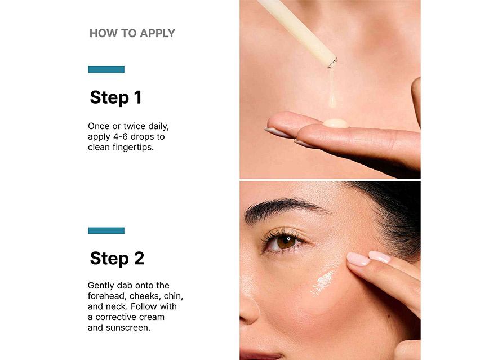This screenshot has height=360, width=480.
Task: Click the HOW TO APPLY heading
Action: (132, 33)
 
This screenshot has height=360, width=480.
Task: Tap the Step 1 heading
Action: (115, 97)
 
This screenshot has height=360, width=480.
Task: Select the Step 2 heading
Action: (117, 258)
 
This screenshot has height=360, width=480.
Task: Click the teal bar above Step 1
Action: (106, 69)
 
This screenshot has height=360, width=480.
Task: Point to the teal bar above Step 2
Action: (106, 230)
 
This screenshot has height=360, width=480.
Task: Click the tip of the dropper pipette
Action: (332, 61)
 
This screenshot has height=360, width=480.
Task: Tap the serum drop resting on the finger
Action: (335, 122)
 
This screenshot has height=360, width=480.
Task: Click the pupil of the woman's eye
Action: (286, 241)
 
